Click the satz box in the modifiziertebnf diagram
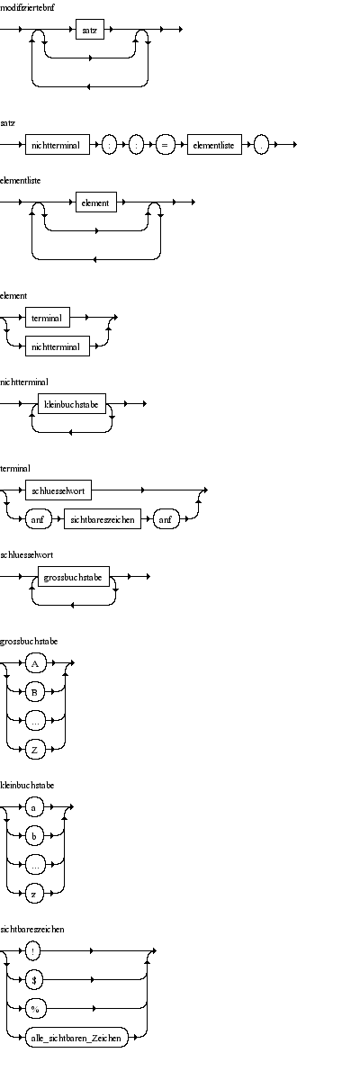90,30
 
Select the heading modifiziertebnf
27,7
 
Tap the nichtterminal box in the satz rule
58,145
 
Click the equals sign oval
165,145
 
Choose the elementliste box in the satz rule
214,145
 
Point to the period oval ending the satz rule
261,145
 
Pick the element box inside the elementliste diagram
96,202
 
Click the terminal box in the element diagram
47,318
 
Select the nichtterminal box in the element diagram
58,346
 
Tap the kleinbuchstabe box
72,404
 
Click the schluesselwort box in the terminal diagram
58,490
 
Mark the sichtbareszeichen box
103,519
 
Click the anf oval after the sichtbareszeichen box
166,519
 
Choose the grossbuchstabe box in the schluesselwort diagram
74,577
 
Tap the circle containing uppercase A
35,663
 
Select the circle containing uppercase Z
35,749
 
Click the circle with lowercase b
34,835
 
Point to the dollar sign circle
33,979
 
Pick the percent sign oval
35,1008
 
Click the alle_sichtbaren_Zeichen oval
76,1037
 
